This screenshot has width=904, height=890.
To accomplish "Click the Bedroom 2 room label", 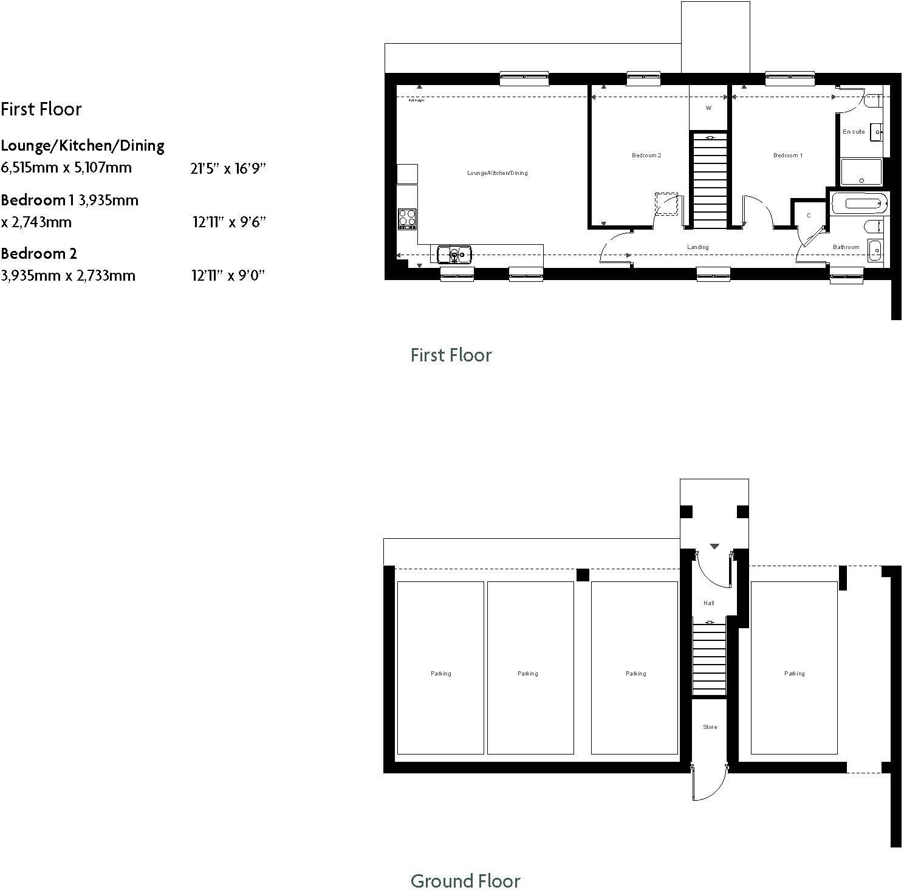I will point(646,156).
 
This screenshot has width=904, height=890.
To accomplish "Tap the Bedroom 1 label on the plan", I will point(787,156).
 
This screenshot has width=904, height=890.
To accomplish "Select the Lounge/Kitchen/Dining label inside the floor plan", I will point(497,173).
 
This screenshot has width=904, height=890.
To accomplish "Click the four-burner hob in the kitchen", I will point(406,217).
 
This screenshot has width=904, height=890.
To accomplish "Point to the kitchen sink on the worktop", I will point(453,253).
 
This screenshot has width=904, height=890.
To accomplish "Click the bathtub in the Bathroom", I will point(858,204).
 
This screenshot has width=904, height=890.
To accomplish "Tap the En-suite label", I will point(853,132).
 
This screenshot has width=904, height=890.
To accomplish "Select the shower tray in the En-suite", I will point(861,172).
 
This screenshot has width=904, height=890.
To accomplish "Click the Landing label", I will point(697,247).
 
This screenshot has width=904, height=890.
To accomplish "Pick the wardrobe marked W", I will point(708,108).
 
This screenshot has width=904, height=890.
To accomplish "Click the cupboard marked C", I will point(808,216).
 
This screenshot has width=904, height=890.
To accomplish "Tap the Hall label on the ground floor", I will point(708,603).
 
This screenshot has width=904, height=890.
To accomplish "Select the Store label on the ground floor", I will point(710,727).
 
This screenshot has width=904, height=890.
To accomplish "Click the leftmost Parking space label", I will point(440,674).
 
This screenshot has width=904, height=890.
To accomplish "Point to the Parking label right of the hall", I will point(794,674).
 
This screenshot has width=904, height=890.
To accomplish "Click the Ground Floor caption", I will point(465,881).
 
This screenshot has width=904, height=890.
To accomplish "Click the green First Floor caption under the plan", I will point(451,355).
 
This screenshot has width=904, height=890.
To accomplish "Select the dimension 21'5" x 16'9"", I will point(228,169).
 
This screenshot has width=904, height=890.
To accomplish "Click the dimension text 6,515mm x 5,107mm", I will point(66,168).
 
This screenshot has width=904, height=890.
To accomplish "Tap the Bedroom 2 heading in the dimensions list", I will point(39,254).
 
